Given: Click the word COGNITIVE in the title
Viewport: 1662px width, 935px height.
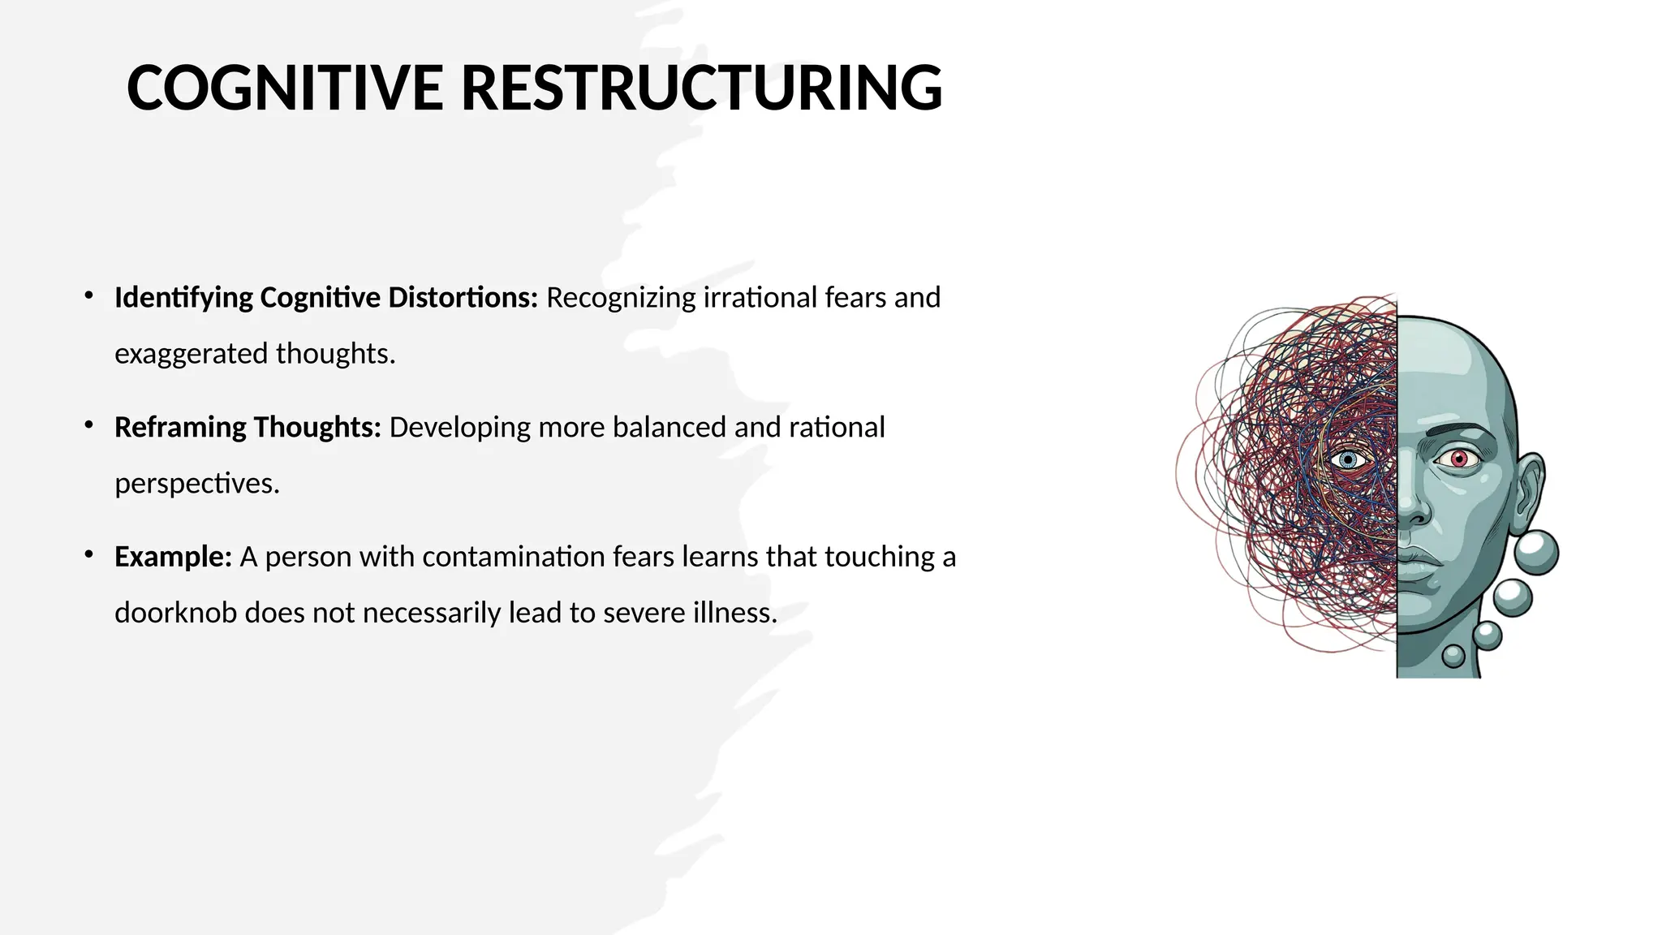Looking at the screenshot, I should [x=284, y=88].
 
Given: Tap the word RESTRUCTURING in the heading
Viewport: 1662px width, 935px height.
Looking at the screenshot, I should [x=701, y=88].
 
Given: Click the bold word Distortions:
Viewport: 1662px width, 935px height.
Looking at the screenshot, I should [x=463, y=298].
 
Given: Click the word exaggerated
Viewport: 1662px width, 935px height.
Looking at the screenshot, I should [x=191, y=354].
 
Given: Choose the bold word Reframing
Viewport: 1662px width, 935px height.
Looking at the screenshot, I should [x=180, y=427].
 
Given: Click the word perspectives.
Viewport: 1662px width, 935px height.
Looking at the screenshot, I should [x=196, y=484].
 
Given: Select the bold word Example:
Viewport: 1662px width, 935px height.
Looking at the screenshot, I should [x=173, y=557].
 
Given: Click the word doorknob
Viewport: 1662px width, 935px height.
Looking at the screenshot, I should [x=175, y=613].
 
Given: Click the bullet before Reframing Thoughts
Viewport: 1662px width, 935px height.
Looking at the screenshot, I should [x=89, y=425].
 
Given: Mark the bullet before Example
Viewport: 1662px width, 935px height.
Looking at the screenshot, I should [x=89, y=555].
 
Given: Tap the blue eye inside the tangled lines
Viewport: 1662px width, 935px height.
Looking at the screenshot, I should [x=1349, y=460].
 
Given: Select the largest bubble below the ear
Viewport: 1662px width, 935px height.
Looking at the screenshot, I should [x=1535, y=554].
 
